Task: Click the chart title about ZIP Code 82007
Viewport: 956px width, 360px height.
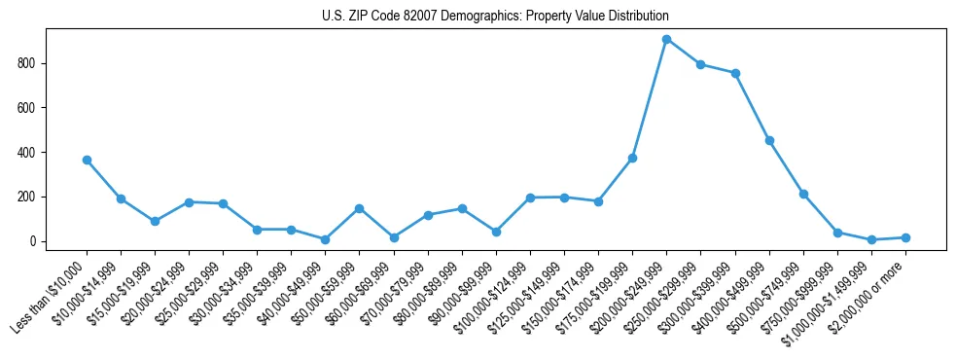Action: click(495, 17)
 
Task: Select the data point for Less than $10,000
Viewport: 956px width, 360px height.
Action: click(87, 160)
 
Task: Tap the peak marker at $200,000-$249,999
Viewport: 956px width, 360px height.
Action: click(666, 39)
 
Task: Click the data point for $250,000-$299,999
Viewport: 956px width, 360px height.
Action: click(700, 64)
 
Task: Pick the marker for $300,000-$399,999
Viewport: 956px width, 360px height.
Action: click(735, 73)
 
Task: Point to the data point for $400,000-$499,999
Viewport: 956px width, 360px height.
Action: click(769, 140)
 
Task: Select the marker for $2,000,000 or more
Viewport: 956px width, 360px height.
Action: click(905, 237)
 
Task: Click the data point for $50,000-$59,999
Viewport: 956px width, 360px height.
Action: click(360, 208)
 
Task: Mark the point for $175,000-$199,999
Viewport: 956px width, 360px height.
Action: click(632, 158)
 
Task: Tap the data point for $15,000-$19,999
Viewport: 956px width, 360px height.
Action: click(155, 221)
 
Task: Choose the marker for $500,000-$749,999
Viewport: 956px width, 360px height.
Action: click(803, 194)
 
